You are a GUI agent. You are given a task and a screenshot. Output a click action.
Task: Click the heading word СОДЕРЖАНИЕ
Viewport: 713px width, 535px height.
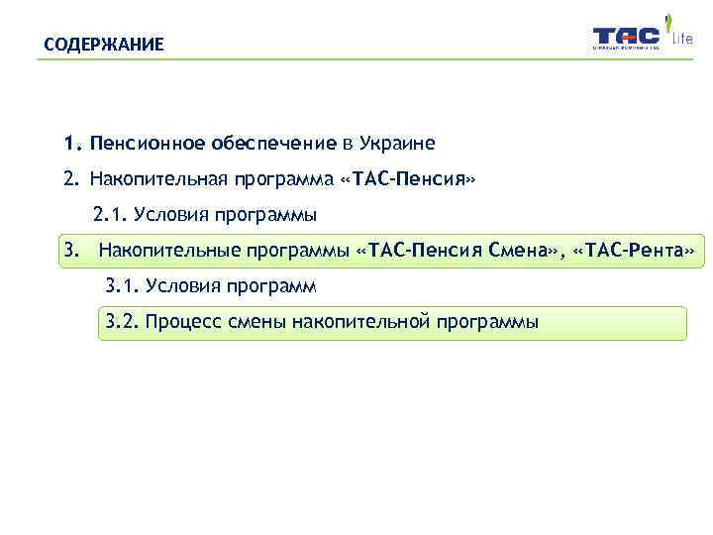pos(104,46)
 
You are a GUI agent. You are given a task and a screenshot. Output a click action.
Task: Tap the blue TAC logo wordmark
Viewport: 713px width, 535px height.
pos(626,37)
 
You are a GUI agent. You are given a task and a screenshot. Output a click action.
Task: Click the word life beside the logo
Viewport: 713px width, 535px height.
pos(683,41)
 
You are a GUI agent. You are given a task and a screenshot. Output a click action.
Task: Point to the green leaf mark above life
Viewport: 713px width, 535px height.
pos(670,20)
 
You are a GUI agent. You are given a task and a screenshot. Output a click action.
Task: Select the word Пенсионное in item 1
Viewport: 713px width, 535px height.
pos(145,144)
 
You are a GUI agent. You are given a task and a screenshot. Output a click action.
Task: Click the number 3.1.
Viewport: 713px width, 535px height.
pos(122,286)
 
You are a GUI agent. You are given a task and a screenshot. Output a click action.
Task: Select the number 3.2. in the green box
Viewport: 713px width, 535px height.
pos(122,322)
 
